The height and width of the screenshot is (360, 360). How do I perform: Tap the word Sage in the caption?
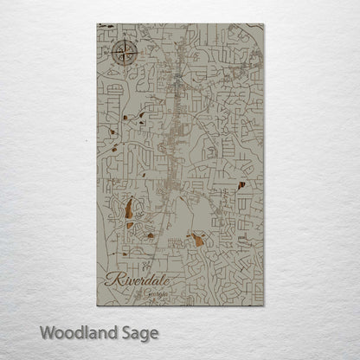pos(138,331)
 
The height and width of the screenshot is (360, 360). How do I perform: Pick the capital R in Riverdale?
pos(111,279)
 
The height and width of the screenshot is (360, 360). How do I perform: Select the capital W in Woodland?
pos(48,331)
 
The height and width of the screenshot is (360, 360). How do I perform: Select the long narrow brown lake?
pos(129,210)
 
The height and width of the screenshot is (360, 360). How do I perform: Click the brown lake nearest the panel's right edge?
pos(241,184)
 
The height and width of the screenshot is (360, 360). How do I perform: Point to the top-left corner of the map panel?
pos(98,24)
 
